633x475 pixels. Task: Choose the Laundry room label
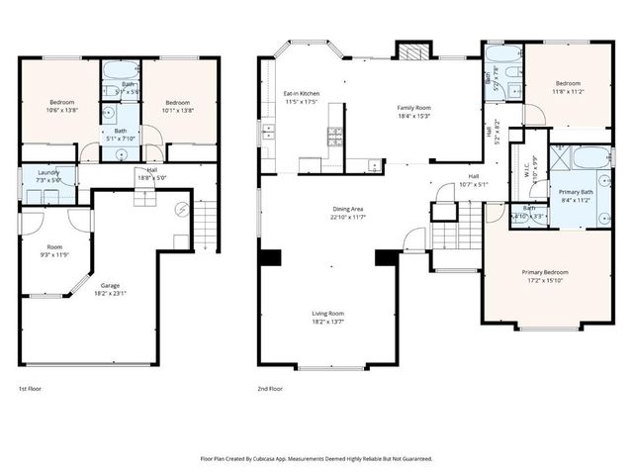(48, 173)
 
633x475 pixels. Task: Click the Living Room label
(329, 316)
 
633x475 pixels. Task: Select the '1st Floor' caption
(32, 389)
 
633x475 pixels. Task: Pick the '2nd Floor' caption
(270, 389)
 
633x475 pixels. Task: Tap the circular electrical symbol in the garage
(181, 210)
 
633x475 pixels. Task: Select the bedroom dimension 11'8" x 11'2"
(568, 90)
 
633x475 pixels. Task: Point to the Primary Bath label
(575, 191)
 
